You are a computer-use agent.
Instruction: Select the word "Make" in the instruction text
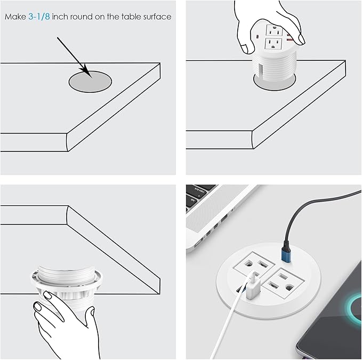pos(14,17)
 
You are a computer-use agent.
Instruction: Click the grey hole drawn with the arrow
pos(90,81)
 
